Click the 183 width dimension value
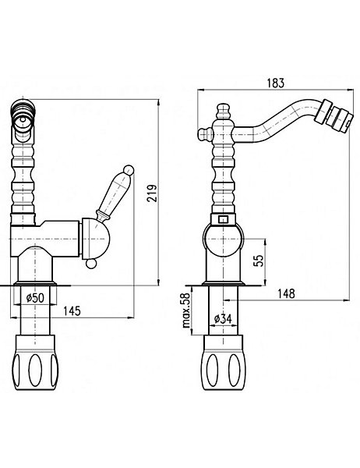tap(276, 83)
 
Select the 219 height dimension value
tap(152, 193)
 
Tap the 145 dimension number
tap(72, 311)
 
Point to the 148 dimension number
tap(286, 294)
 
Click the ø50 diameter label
tap(35, 298)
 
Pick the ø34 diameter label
tap(223, 319)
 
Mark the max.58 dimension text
tap(186, 310)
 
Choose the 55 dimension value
tap(259, 261)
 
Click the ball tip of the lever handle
tap(129, 169)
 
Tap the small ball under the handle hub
tap(91, 264)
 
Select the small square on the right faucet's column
tap(223, 219)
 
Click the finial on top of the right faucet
tap(224, 112)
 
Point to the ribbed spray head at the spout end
tap(334, 116)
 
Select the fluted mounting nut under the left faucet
tap(34, 362)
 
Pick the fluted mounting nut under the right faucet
tap(224, 362)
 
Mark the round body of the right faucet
tap(223, 239)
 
